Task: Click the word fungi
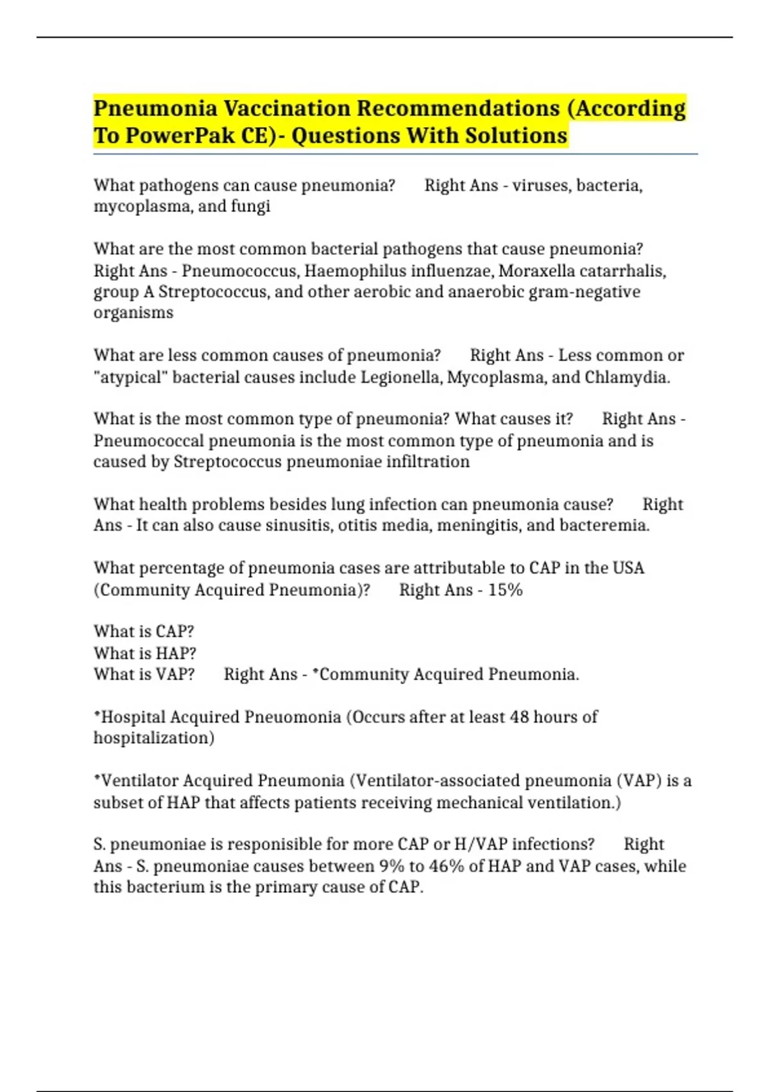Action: [x=250, y=206]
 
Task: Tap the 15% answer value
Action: [x=505, y=590]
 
